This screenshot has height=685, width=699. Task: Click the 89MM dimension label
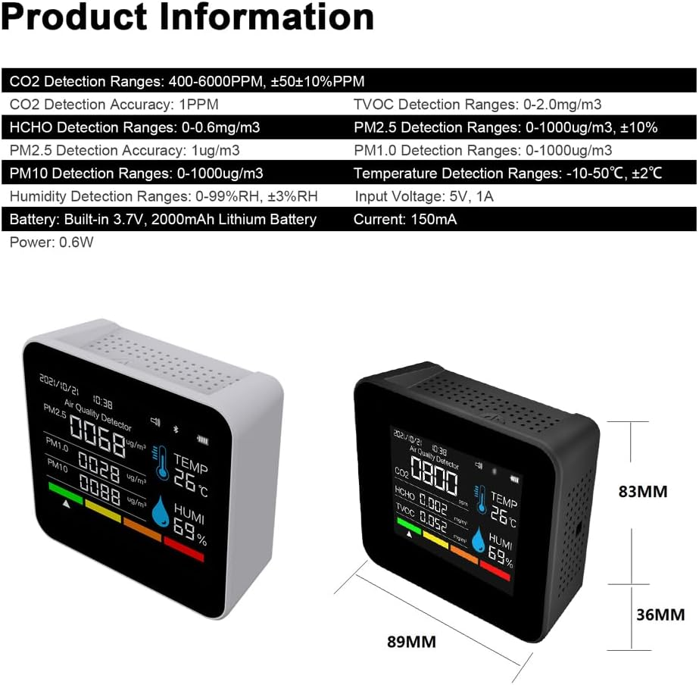[x=411, y=642]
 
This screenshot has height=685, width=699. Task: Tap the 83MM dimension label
[x=643, y=492]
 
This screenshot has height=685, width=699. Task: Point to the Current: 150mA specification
[x=405, y=220]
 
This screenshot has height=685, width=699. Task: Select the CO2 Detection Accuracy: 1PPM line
[x=114, y=105]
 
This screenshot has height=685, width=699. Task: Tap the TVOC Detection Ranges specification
[x=478, y=105]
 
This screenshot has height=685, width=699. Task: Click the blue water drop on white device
[x=161, y=512]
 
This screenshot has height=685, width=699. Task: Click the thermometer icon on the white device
[x=161, y=461]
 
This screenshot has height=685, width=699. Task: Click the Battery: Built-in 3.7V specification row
[x=163, y=220]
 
